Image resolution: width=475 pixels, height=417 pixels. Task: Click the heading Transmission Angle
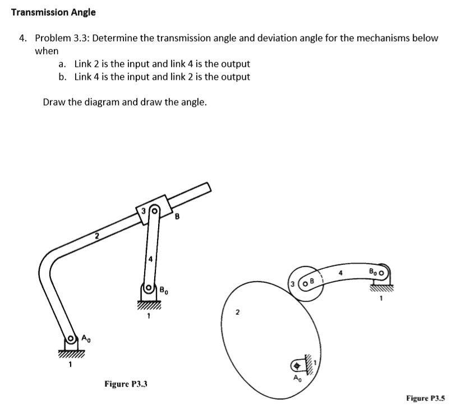tap(54, 12)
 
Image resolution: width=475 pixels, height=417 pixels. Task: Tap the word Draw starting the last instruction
tap(54, 102)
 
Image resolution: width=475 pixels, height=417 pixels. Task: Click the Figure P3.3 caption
tap(130, 384)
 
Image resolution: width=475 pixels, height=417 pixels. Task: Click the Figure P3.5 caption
tap(425, 398)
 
